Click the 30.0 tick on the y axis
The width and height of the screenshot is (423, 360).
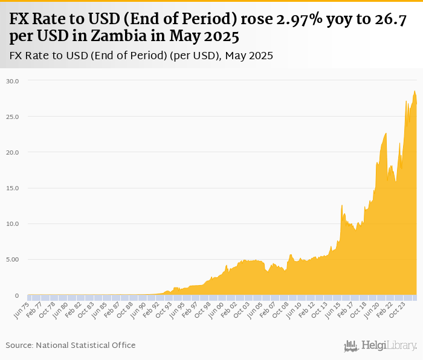tap(13, 80)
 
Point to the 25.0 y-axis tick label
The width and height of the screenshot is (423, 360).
tap(13, 117)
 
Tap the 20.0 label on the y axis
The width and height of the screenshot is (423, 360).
tap(13, 152)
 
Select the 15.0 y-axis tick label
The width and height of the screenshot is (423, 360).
tap(13, 188)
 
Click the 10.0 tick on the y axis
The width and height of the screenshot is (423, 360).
tap(13, 224)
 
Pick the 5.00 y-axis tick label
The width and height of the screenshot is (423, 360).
tap(13, 260)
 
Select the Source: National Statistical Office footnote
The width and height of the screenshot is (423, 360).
tap(71, 345)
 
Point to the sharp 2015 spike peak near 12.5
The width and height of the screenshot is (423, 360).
tap(341, 206)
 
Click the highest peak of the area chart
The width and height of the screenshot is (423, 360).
tap(415, 91)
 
